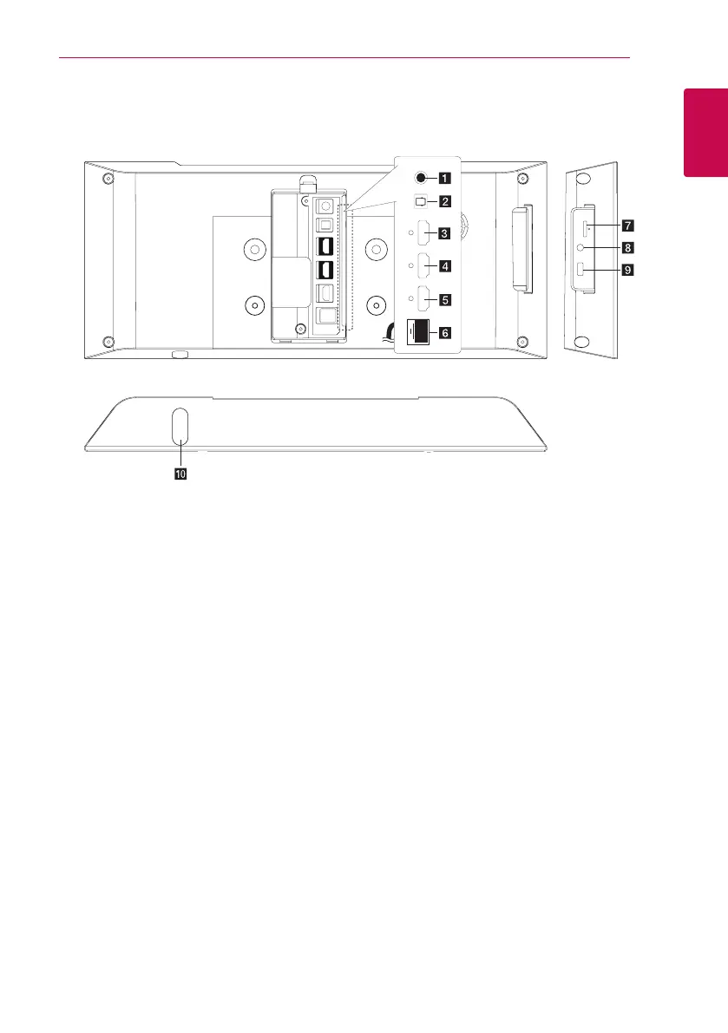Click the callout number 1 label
[x=443, y=179]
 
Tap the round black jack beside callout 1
[x=421, y=179]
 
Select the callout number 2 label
[x=443, y=202]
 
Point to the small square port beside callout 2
[x=421, y=202]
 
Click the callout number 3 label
[x=443, y=233]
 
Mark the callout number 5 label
[x=443, y=300]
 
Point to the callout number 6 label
[x=443, y=332]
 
